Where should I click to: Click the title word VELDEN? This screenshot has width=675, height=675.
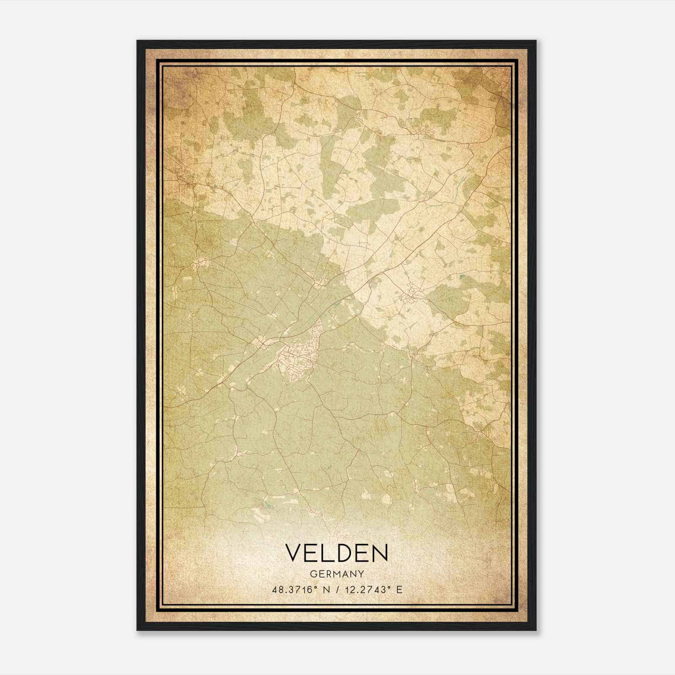[x=337, y=553]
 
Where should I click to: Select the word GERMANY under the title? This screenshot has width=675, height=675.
[x=337, y=574]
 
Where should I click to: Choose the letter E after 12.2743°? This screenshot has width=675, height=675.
[x=400, y=589]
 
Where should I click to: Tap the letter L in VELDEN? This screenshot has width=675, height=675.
[x=328, y=553]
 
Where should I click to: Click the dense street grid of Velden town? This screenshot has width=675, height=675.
[x=297, y=359]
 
